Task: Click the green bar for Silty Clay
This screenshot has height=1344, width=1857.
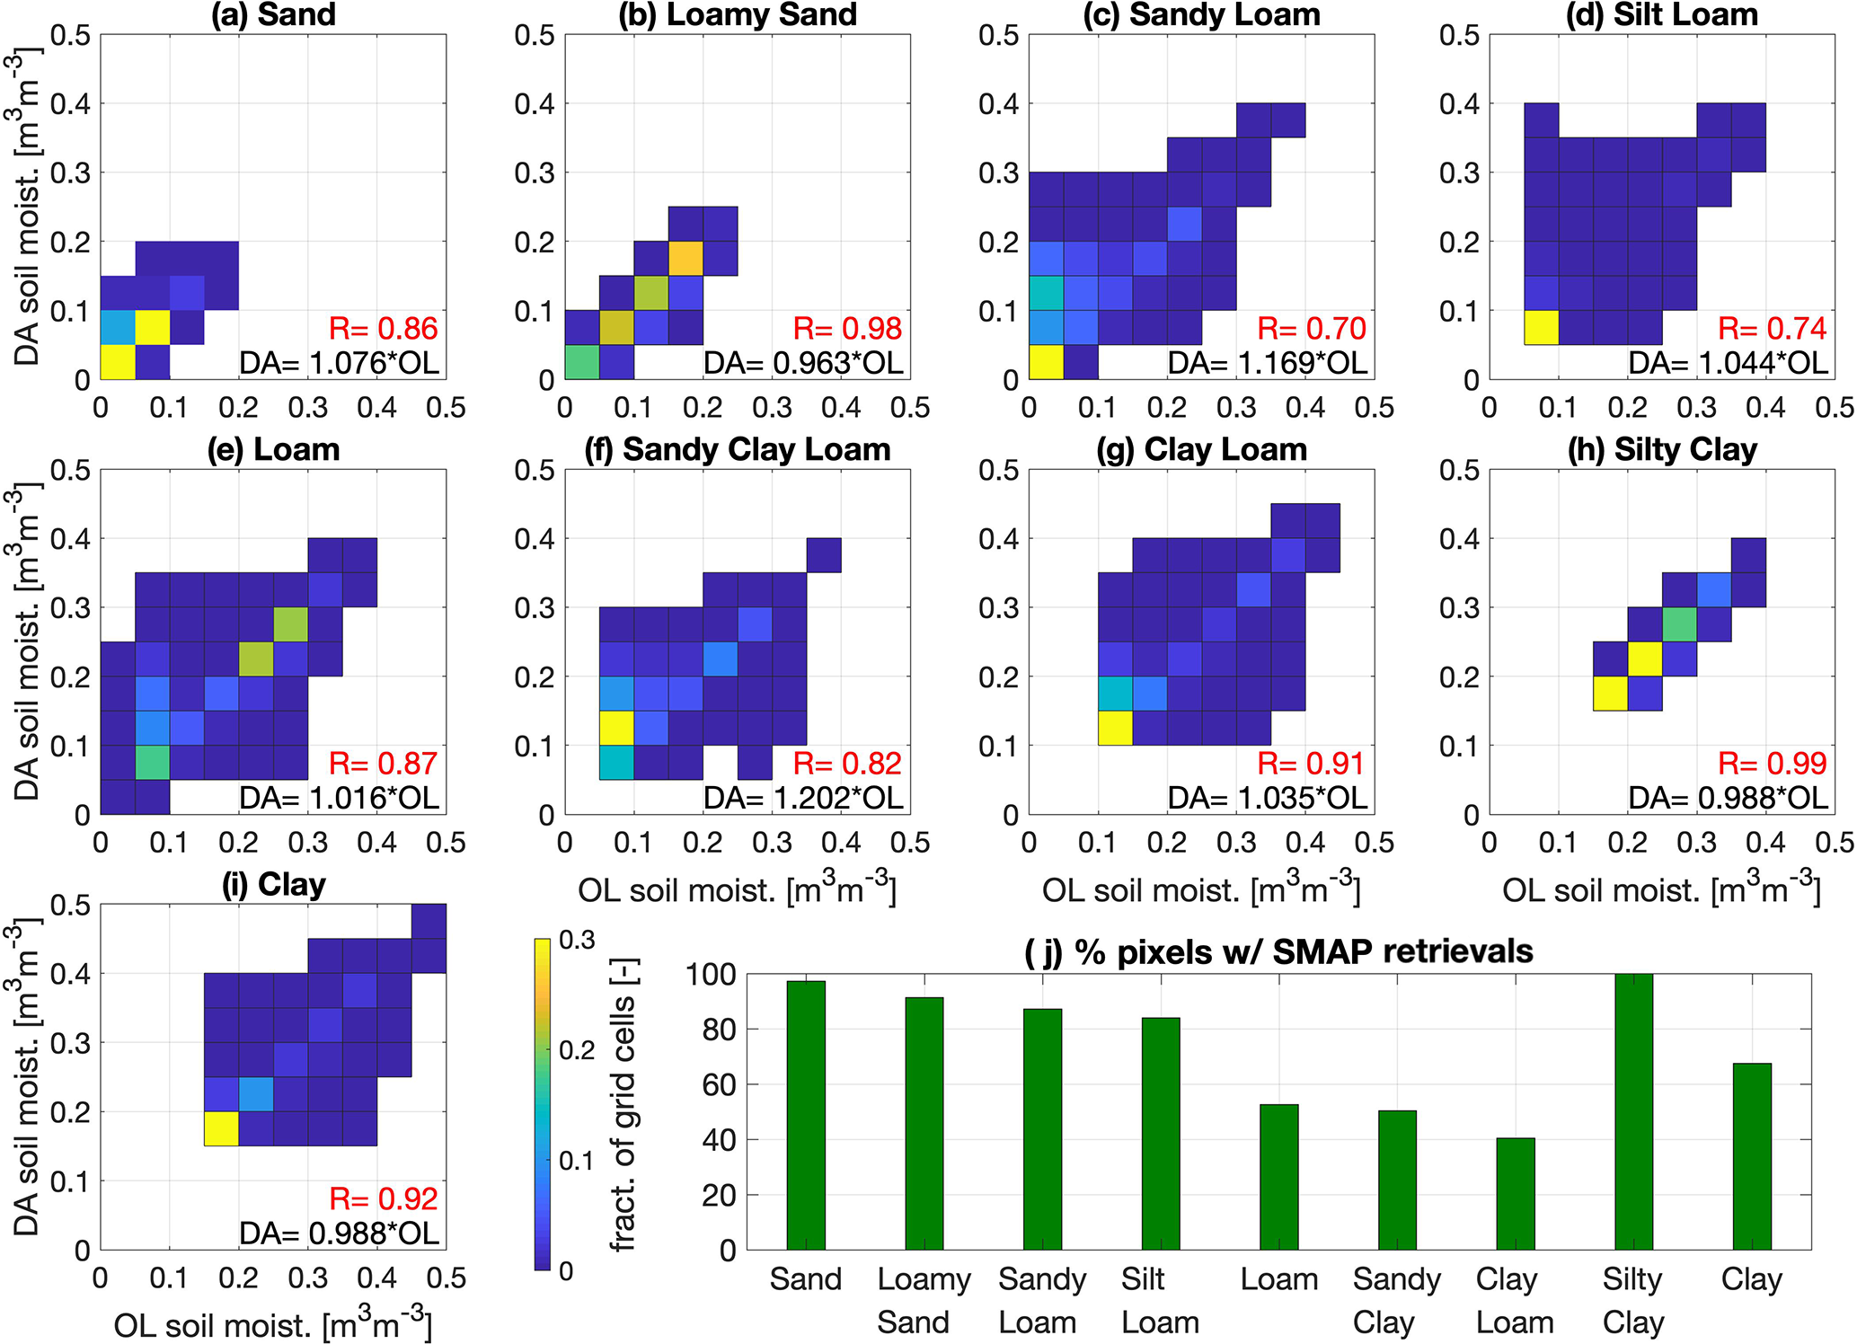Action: tap(1633, 1111)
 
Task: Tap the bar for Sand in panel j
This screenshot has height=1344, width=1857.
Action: tap(805, 1115)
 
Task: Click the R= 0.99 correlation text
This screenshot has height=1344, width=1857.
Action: tap(1772, 764)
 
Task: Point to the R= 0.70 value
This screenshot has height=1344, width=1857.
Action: tap(1311, 329)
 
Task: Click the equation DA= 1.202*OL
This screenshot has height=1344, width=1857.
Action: tap(803, 798)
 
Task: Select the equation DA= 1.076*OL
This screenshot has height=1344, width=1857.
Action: tap(339, 363)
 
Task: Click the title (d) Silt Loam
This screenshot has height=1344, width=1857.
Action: tap(1661, 15)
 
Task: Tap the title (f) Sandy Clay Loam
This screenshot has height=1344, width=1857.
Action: tap(737, 449)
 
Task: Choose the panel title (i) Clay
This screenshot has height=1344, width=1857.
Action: tap(273, 885)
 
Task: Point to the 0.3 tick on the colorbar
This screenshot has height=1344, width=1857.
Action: tap(577, 940)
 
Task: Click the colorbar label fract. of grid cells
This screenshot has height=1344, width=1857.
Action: tap(623, 1105)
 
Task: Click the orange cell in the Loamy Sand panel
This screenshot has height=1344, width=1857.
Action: tap(685, 258)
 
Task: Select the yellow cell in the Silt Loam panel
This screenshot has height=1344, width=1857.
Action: tap(1541, 327)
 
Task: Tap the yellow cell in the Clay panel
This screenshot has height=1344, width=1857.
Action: tap(221, 1128)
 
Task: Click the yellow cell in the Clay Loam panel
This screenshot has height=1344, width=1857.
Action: tap(1115, 728)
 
